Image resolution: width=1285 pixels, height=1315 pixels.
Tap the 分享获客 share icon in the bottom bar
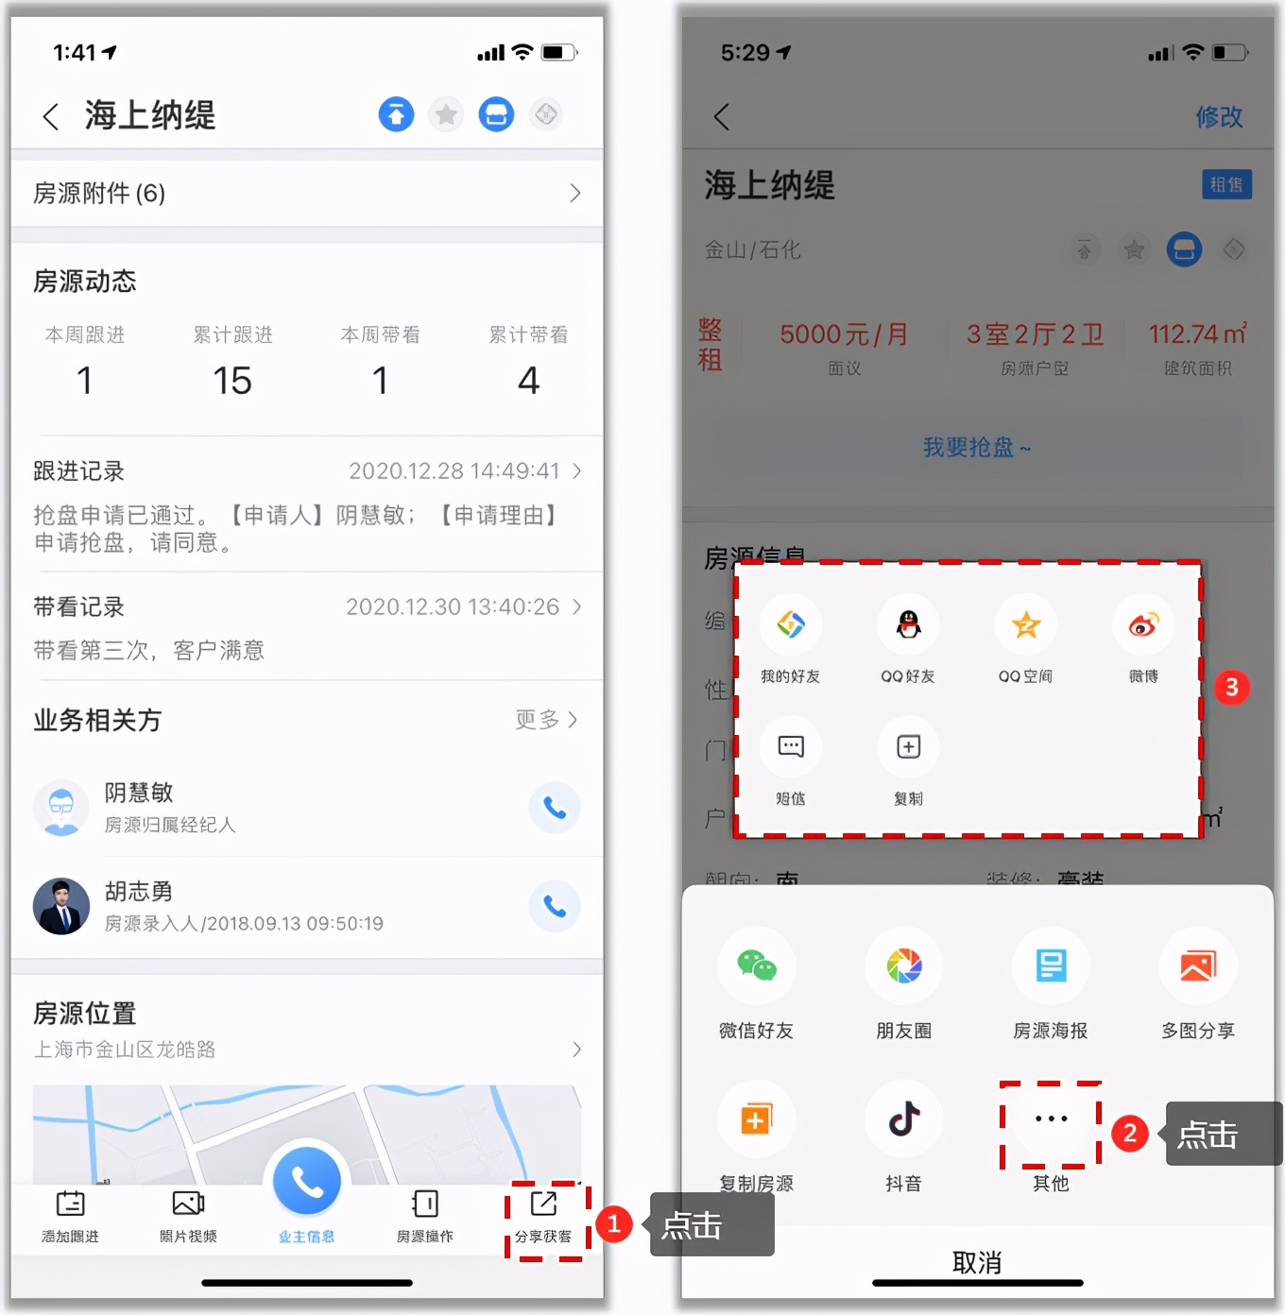tap(543, 1204)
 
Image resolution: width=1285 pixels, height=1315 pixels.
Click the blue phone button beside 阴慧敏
tap(555, 808)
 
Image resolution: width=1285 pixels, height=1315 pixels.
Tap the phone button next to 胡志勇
tap(555, 907)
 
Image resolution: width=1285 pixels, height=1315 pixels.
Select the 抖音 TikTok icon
tap(904, 1119)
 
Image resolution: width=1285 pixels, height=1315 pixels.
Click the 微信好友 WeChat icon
tap(756, 966)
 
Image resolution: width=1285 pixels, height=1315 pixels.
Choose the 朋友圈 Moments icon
tap(904, 966)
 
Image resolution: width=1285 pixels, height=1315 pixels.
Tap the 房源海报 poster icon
tap(1051, 966)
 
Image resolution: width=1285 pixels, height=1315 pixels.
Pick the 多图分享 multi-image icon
tap(1198, 966)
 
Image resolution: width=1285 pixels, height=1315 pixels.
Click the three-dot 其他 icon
tap(1051, 1119)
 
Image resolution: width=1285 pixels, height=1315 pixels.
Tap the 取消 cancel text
tap(977, 1262)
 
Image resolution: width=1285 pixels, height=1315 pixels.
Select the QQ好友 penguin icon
tap(908, 624)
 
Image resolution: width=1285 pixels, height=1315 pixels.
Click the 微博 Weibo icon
tap(1143, 624)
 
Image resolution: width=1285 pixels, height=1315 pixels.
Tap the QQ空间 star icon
tap(1026, 624)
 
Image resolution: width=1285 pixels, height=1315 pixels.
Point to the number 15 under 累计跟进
tap(232, 381)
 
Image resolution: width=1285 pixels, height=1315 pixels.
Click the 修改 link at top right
tap(1219, 117)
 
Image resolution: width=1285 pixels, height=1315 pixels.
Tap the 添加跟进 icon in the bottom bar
tap(71, 1204)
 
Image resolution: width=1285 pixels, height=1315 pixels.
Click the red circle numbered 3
tap(1231, 687)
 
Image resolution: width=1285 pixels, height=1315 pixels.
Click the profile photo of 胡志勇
tap(61, 907)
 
